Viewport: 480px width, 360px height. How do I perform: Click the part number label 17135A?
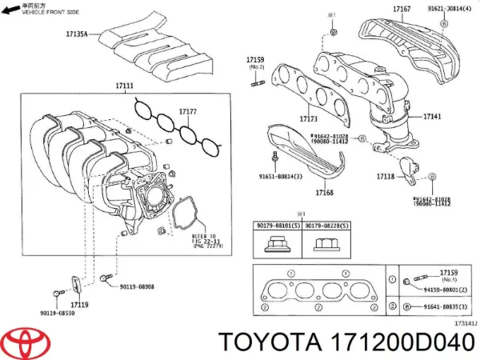pos(76,34)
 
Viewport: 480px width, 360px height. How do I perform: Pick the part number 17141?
pos(432,117)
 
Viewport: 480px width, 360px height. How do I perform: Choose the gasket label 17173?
pos(286,119)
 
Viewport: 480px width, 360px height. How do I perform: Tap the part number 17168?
pos(324,193)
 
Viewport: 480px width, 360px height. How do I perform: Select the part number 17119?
pos(78,305)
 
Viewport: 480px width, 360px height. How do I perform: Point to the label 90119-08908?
pos(138,286)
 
